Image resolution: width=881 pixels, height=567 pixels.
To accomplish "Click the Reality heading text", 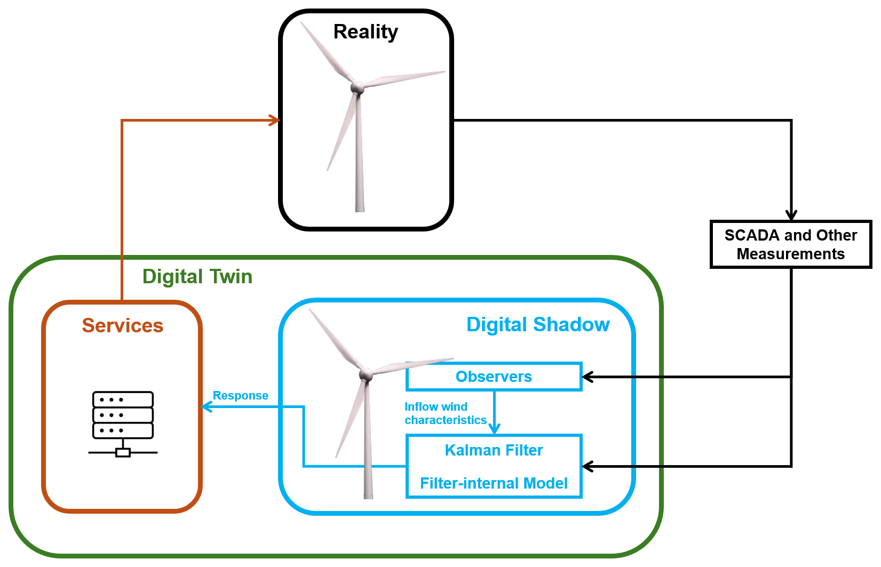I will coord(366,32).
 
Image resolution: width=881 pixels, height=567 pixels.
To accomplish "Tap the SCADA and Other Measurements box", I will coord(790,244).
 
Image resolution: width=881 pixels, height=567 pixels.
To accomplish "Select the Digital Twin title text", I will coord(197,277).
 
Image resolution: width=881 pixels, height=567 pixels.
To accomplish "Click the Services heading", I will coord(122,325).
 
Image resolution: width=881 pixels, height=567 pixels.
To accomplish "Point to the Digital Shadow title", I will coord(537,324).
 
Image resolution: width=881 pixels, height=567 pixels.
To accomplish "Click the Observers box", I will coord(494,377).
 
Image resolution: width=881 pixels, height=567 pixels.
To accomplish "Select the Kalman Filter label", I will coord(494,450).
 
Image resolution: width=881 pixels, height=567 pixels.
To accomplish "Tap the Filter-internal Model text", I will coord(494,483).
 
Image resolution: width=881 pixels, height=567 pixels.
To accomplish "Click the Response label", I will coord(240,396).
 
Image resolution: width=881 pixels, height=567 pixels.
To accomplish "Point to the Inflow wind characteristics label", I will coord(445,413).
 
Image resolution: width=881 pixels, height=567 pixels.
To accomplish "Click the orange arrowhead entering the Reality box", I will coord(275,121).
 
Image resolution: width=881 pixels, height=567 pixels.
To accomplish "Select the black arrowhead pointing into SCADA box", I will coord(791,215).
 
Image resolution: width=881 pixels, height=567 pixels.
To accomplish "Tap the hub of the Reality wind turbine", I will coord(357,87).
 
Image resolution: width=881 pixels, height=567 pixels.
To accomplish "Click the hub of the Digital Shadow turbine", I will coord(366,374).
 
